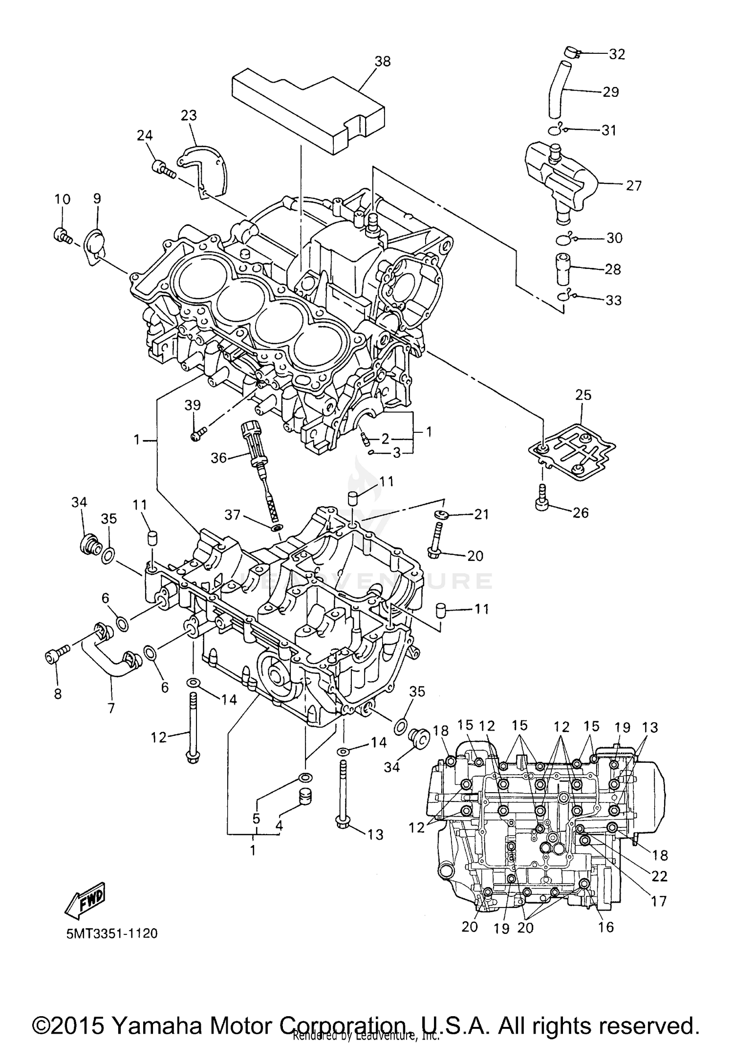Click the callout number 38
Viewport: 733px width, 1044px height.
tap(383, 61)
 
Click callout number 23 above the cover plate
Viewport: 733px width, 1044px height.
tap(189, 115)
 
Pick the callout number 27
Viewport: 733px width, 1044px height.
tap(633, 185)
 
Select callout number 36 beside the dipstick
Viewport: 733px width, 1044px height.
tap(218, 458)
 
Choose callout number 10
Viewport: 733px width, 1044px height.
tap(62, 199)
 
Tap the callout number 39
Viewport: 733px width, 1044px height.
tap(193, 405)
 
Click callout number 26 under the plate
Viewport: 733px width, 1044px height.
tap(581, 512)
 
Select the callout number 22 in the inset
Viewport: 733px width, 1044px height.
tap(659, 876)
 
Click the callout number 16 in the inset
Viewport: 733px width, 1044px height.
tap(605, 927)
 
